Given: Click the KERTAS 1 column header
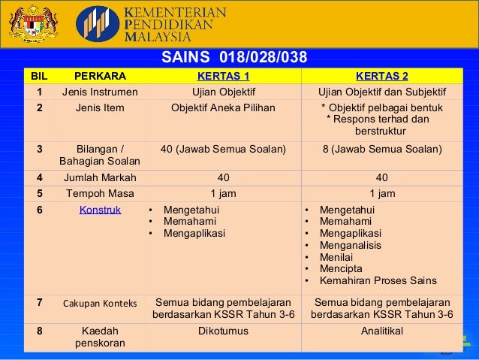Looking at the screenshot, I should coord(223,77).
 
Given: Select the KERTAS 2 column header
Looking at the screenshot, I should coord(382,77).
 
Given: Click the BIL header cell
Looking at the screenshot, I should coord(37,77).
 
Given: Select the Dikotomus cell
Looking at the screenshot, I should coord(223,331).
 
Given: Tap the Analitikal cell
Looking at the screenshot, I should coord(381,331).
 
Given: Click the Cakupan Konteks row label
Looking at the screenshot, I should coord(100,304).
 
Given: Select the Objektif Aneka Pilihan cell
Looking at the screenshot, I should coord(223,107).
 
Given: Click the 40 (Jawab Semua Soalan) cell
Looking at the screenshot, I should coord(223,149).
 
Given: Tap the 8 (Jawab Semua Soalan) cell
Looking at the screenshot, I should coord(381,149).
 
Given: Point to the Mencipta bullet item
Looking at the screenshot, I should coord(340,268).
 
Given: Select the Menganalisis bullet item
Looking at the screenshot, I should coord(350,245).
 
